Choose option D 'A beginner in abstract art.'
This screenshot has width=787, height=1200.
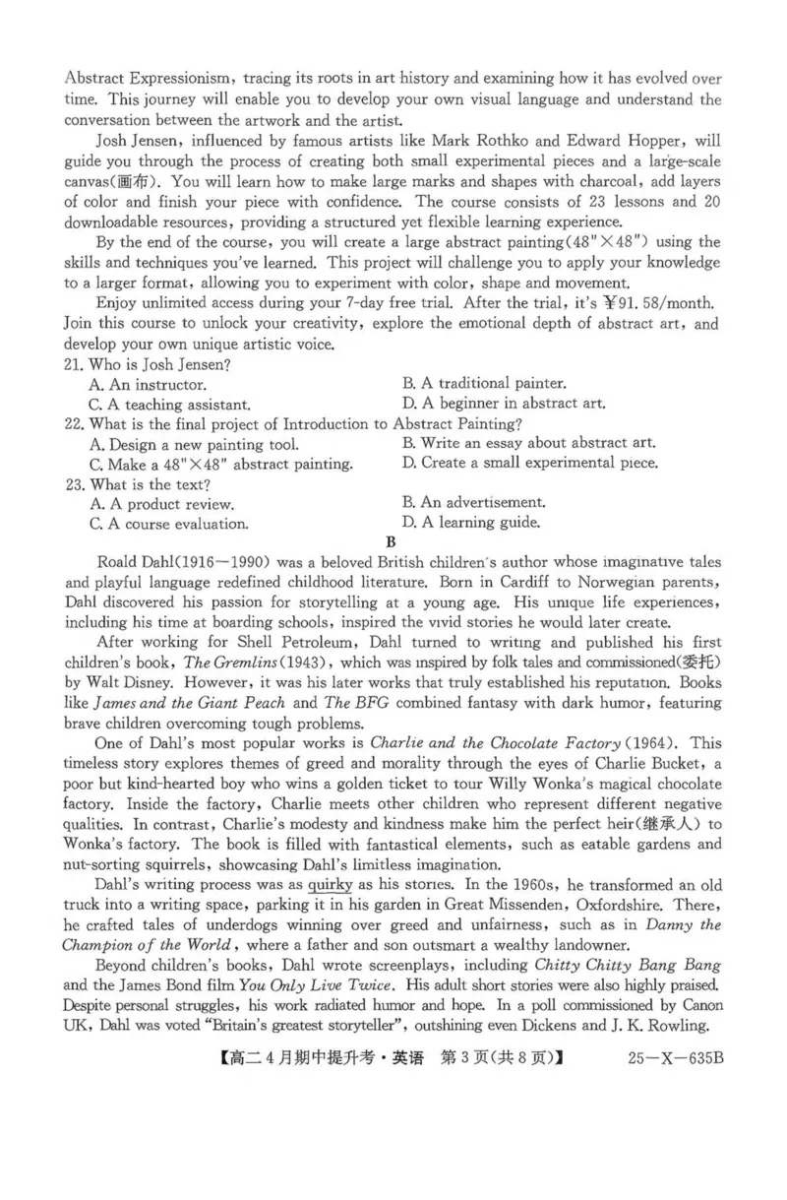[x=504, y=403]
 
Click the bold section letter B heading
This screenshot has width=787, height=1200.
[x=392, y=541]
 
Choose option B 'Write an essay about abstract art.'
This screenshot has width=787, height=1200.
[x=528, y=444]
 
